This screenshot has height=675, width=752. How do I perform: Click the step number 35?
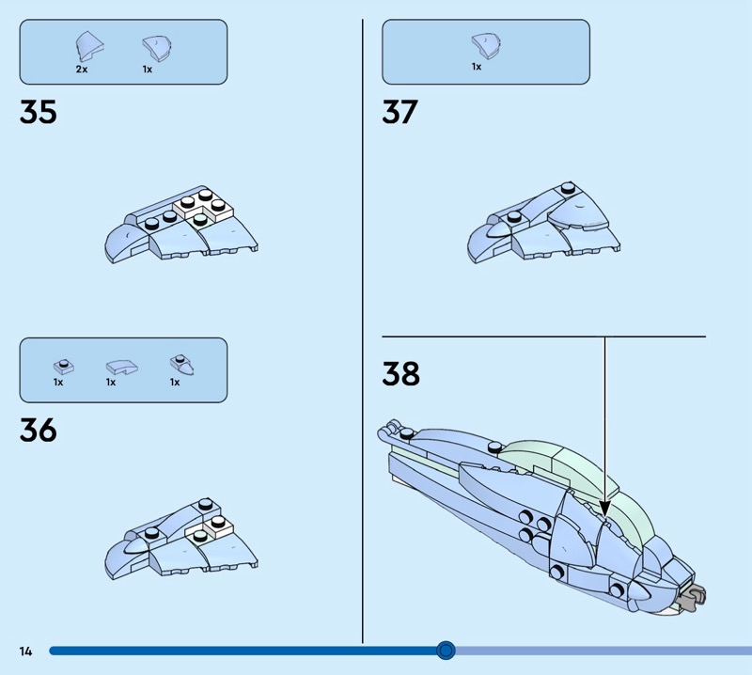click(38, 112)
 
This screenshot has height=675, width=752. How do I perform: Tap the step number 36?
click(38, 430)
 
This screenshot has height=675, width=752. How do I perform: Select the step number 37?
click(400, 112)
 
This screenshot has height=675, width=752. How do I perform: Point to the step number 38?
click(401, 373)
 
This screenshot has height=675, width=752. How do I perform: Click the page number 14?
click(25, 651)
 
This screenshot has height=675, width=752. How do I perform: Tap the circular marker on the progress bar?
click(446, 651)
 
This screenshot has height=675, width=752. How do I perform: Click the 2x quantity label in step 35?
click(82, 69)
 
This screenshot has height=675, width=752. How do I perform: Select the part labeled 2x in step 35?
click(89, 47)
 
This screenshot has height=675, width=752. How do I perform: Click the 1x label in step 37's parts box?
click(477, 67)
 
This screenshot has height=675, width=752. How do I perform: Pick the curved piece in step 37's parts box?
click(486, 46)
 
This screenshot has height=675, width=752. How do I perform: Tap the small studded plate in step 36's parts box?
click(64, 367)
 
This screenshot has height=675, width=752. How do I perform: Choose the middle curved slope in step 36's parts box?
click(122, 368)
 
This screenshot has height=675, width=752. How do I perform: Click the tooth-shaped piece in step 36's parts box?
click(182, 365)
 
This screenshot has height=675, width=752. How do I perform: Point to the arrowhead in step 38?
click(604, 509)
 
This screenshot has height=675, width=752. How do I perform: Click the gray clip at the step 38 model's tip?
click(693, 597)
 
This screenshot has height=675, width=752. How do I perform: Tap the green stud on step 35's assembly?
click(200, 219)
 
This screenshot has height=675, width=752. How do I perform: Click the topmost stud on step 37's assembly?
click(568, 187)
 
